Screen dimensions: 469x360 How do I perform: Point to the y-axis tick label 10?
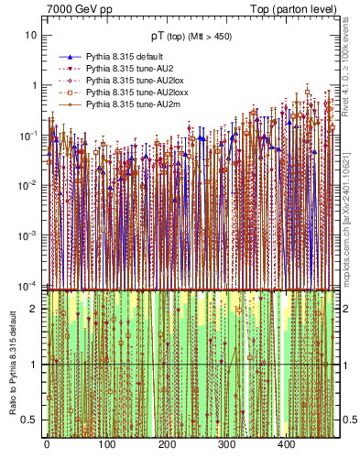[x=30, y=35]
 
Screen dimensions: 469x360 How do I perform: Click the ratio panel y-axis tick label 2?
[x=34, y=309]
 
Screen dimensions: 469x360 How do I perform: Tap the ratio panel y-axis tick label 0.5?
[x=30, y=420]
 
